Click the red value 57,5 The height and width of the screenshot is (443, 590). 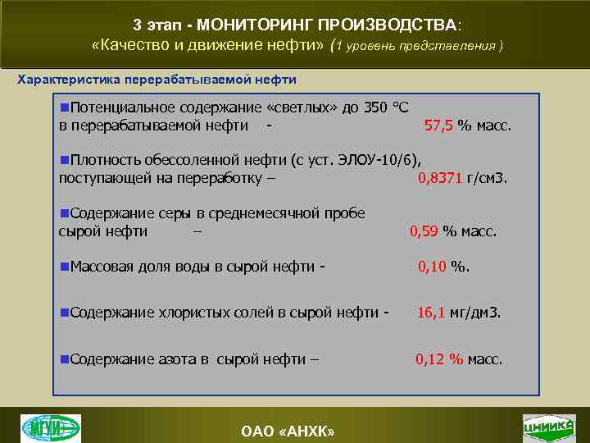point(438,126)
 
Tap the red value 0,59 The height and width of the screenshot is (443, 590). point(424,231)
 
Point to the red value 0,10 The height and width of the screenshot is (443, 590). point(432,266)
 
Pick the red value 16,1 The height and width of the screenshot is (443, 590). point(432,313)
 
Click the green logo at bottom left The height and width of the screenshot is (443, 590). point(51,427)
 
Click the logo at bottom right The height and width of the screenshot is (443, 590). point(548,427)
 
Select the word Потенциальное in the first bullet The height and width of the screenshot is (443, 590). point(120,107)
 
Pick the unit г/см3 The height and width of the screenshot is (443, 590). point(488,177)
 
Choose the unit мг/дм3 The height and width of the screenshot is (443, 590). point(477,313)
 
